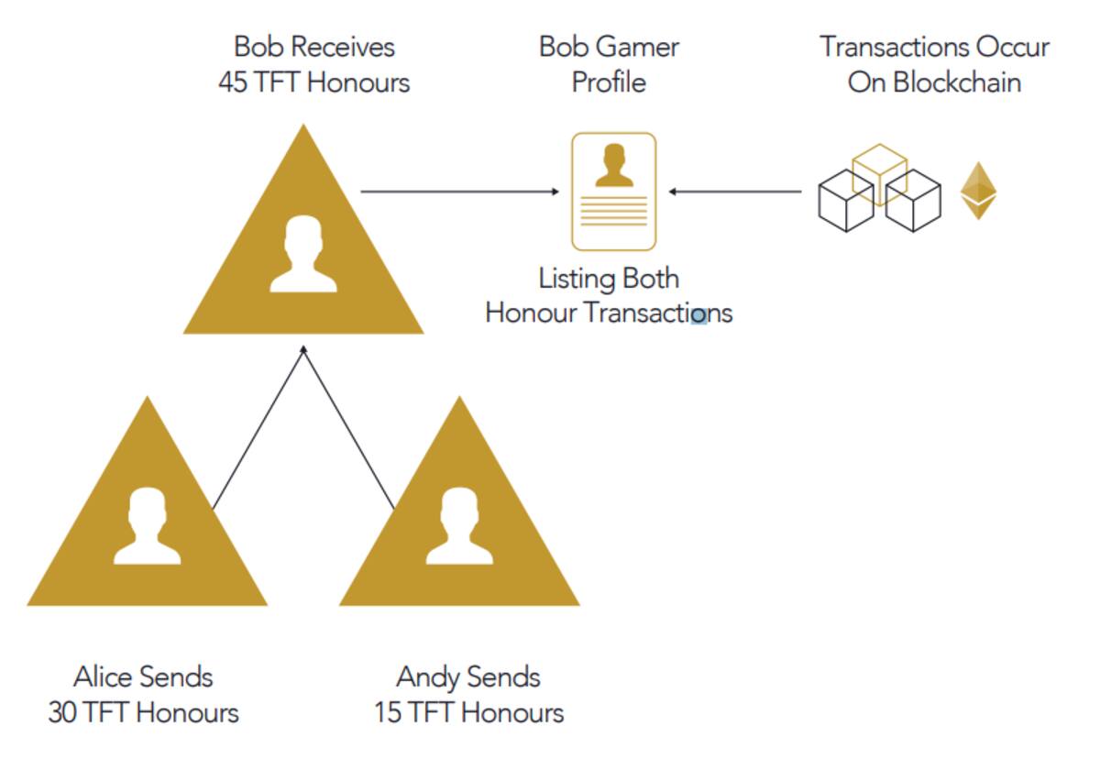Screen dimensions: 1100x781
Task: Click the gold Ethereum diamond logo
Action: coord(978,191)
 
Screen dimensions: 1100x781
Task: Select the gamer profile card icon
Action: coord(614,192)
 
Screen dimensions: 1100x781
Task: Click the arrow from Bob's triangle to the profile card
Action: coord(459,192)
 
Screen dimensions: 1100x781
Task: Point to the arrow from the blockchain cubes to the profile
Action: coord(735,192)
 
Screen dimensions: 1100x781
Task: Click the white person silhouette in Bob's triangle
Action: coord(303,254)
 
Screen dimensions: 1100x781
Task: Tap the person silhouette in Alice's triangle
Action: coord(148,525)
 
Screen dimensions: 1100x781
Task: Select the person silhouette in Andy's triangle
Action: coord(459,525)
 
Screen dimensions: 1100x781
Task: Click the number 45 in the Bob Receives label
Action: coord(233,82)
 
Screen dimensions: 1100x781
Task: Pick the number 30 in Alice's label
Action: coord(62,712)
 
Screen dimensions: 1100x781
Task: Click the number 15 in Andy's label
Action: coord(388,712)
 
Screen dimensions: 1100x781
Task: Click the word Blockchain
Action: coord(957,82)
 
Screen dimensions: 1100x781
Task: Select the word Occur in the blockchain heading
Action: coord(1013,47)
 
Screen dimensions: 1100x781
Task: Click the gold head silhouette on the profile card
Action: coord(614,165)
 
